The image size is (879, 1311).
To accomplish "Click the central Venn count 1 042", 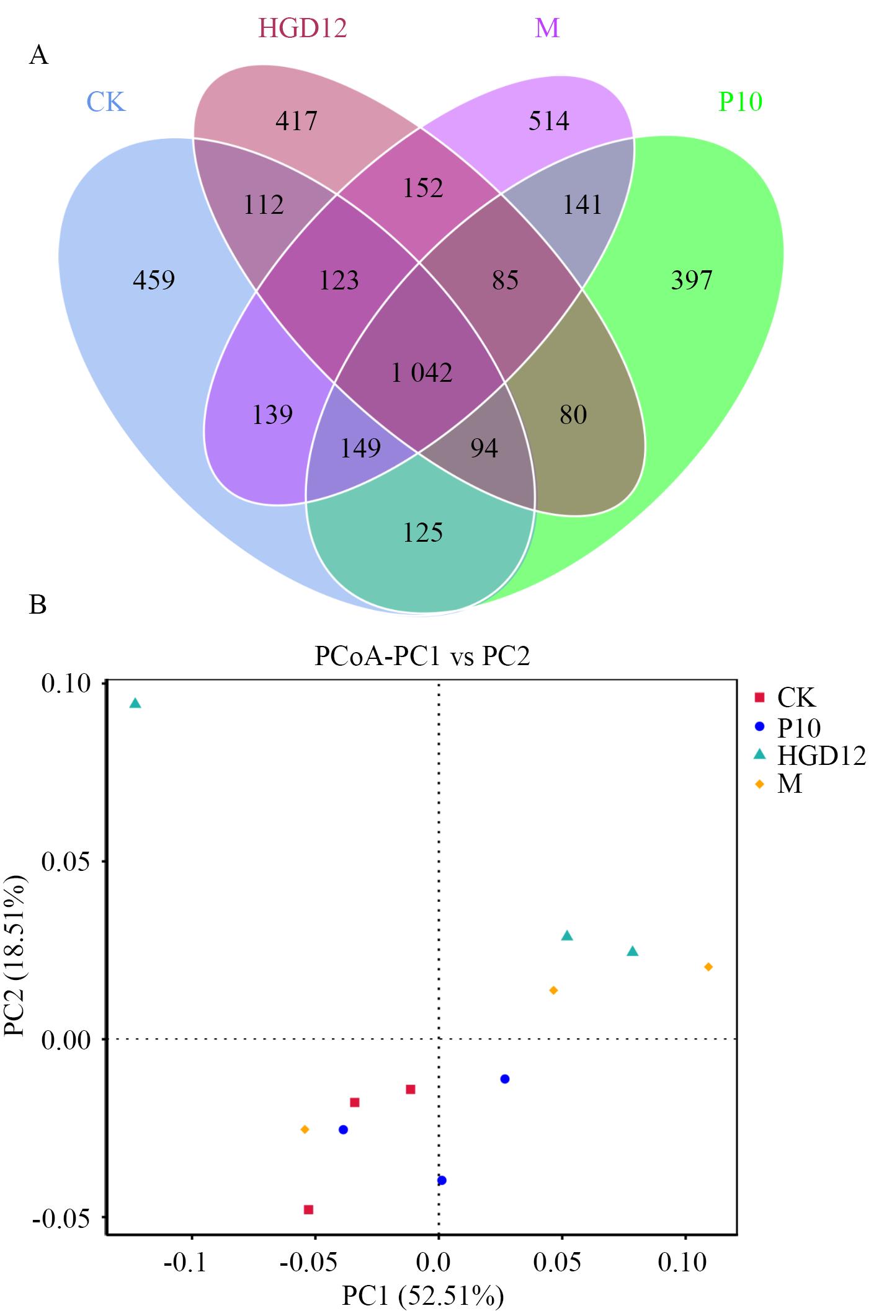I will click(422, 373).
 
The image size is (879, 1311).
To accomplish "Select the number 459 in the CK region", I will click(154, 280).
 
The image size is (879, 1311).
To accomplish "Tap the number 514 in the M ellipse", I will click(548, 121).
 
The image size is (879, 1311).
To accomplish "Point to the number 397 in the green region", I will click(692, 280).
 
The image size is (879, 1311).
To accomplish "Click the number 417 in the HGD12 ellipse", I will click(297, 121).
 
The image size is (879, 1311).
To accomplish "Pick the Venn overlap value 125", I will click(423, 533).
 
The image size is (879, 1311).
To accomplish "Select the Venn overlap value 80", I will click(573, 415).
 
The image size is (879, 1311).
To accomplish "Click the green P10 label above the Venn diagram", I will click(740, 101).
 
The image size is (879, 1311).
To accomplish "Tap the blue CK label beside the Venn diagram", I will click(105, 102).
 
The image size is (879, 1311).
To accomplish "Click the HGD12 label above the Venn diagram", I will click(302, 29).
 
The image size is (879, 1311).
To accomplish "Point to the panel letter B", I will click(38, 604).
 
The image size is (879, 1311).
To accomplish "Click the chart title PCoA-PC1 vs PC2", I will click(422, 656).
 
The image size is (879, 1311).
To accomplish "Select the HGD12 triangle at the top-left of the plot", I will click(135, 703).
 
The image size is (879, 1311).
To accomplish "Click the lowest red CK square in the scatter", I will click(308, 1209).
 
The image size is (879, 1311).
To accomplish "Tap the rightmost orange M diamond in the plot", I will click(708, 967).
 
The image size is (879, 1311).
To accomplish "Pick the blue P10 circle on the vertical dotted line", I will click(442, 1180).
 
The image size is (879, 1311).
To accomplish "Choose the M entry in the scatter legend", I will click(790, 784).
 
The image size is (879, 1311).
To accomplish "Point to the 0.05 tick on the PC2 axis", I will click(65, 862).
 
